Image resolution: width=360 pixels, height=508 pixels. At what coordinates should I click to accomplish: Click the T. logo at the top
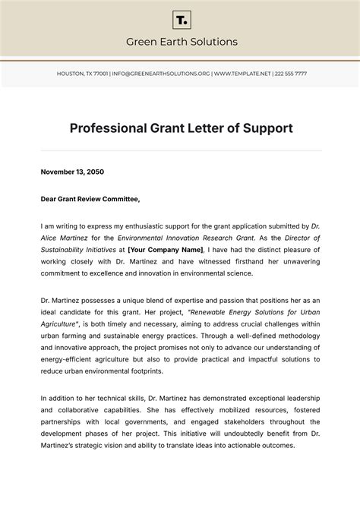pos(181,19)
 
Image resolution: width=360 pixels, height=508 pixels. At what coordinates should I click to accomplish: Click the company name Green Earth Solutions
pos(181,42)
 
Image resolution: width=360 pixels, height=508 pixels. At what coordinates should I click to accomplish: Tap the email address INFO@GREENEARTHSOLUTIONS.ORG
pos(160,74)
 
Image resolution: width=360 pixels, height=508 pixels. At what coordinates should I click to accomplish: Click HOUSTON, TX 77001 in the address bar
pos(82,74)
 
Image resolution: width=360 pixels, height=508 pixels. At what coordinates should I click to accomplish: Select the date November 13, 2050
pos(72,172)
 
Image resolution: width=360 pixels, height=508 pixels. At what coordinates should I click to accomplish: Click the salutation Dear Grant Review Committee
pos(90,199)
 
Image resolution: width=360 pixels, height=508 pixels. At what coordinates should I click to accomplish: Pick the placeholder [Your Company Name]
pos(165,249)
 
